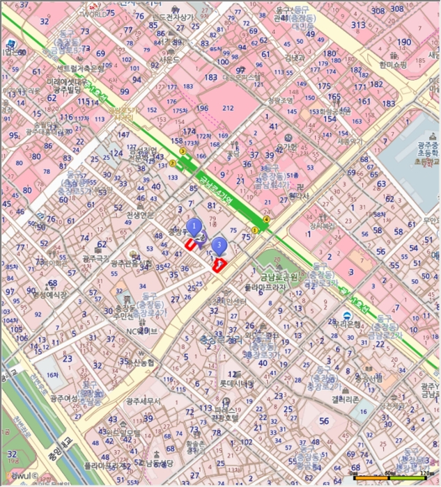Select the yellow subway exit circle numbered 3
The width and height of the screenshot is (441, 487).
(x=183, y=151)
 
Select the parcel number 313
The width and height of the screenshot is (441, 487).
(x=358, y=25)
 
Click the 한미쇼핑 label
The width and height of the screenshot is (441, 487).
(x=393, y=65)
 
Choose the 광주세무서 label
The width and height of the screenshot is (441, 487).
(x=143, y=401)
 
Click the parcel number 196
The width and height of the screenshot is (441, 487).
(x=202, y=109)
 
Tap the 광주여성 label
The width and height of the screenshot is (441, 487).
(x=63, y=399)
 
